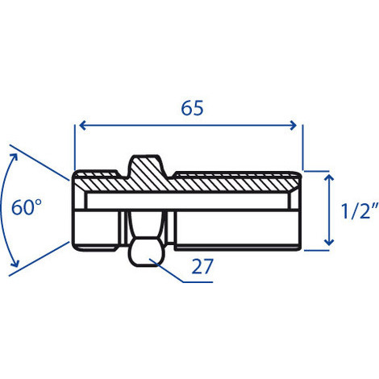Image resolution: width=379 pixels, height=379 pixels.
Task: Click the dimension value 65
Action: point(192,108)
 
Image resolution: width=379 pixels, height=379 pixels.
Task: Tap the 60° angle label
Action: point(27,207)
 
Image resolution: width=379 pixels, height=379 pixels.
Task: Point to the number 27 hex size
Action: point(202,266)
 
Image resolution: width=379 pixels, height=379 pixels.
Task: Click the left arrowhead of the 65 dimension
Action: point(83,125)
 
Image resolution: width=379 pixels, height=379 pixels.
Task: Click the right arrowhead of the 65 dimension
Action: point(294,125)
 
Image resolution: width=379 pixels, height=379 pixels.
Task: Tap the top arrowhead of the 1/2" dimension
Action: point(329,177)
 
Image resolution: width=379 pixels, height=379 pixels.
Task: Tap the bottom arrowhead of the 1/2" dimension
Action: point(329,242)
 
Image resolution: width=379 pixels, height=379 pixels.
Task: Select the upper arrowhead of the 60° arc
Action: point(14,157)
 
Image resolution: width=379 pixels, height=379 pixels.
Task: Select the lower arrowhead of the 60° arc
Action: point(15,264)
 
